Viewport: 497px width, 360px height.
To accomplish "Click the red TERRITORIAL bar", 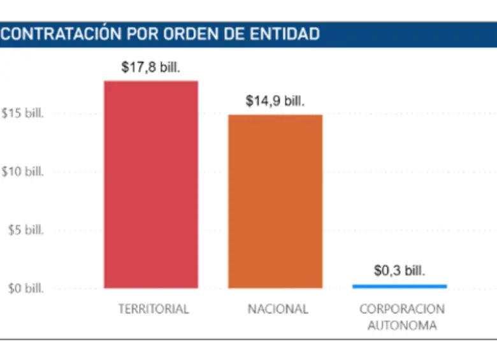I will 151,185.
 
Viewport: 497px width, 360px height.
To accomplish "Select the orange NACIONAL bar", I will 275,201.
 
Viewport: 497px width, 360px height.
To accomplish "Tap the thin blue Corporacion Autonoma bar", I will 400,286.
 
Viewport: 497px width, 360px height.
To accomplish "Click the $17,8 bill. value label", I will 151,67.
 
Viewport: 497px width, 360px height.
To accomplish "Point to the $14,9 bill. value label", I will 275,101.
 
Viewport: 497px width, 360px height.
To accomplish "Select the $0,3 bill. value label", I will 400,271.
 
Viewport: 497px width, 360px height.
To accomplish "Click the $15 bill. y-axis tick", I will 22,113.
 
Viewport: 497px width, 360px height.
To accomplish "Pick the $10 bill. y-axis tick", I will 22,171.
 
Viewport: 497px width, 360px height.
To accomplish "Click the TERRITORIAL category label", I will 154,309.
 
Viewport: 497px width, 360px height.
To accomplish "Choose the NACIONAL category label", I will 278,309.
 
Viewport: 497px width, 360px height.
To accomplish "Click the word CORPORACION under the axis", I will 402,309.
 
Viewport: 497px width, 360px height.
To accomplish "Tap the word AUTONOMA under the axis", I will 402,325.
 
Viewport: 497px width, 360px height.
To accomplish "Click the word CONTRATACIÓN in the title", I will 61,34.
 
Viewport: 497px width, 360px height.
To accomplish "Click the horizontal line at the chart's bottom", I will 248,340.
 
